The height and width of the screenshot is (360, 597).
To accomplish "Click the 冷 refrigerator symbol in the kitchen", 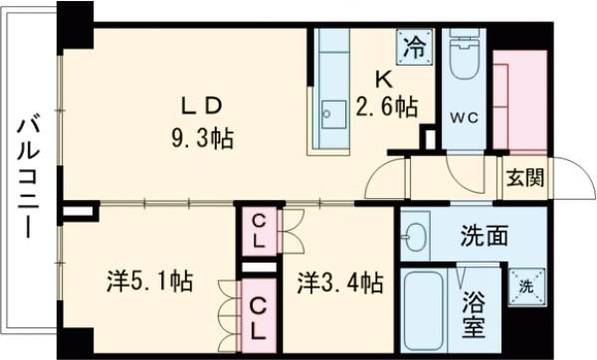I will pos(416,45).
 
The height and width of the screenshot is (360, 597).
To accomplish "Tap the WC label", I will pos(464,115).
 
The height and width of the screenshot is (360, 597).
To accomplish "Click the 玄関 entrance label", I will pos(523,179).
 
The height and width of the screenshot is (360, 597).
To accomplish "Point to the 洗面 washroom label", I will pos(485,237).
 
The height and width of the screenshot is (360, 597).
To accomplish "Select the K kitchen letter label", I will pos(381,78).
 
